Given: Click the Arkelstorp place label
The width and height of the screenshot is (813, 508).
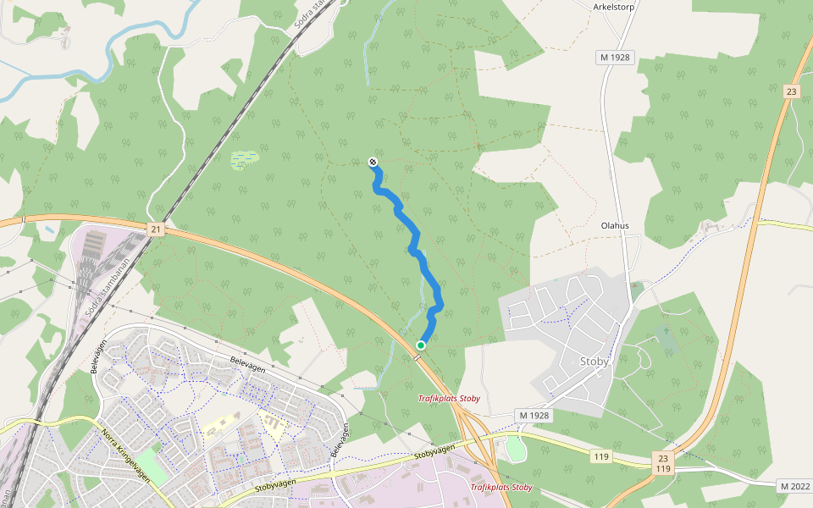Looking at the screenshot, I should [x=613, y=5].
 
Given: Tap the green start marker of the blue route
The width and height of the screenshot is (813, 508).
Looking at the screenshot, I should [x=421, y=345].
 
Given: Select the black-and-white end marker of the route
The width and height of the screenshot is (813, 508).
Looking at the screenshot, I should [x=373, y=162].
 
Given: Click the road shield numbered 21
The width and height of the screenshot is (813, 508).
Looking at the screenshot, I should [x=155, y=229].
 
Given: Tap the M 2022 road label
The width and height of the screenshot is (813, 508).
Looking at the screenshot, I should [x=794, y=485].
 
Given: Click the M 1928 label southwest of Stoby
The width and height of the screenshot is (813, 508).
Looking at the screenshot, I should [x=533, y=415].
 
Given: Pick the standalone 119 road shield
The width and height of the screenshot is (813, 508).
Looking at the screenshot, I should [x=601, y=456].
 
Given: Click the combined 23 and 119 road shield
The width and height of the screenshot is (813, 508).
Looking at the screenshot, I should [x=663, y=462].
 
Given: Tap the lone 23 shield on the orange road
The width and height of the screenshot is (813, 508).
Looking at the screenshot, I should [x=791, y=91].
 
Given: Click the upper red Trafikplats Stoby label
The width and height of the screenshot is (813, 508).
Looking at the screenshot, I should [x=449, y=398].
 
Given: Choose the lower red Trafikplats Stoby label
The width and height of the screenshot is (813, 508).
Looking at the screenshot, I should [x=501, y=487].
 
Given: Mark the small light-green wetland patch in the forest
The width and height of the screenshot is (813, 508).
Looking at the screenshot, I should [x=244, y=159].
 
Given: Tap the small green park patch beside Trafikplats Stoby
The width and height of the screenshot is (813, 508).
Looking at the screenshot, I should [x=514, y=449].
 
